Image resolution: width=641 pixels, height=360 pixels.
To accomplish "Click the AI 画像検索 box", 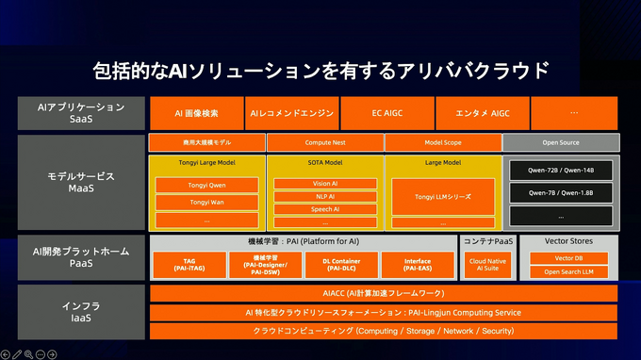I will tap(196, 113).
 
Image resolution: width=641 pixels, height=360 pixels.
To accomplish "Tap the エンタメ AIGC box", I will tap(482, 113).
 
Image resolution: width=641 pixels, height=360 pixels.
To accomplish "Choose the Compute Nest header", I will tap(324, 143).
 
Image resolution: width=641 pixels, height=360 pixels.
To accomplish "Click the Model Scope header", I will tap(442, 143).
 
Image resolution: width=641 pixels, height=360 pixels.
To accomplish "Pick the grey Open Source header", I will tap(561, 143).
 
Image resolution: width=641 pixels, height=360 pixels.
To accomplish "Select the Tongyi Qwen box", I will tap(206, 185).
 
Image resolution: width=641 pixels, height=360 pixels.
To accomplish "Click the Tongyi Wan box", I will tap(206, 202).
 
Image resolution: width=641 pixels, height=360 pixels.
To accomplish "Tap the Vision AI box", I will tap(324, 184).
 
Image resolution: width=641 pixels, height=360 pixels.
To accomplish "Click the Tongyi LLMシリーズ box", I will tap(442, 197).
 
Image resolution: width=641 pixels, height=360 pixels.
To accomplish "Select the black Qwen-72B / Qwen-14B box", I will tap(561, 171).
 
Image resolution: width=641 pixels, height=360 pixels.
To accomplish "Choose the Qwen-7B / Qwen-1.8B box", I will tap(561, 193).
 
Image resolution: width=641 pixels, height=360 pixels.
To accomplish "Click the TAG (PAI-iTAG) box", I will tap(189, 265).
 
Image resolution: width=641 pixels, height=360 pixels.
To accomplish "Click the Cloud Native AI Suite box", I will tap(487, 265).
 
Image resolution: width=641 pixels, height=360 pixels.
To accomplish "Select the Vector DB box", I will tap(568, 258).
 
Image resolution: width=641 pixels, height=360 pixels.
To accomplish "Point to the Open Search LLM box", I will tap(568, 271).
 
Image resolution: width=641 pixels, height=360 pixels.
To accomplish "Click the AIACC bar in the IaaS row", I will tap(384, 293).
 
